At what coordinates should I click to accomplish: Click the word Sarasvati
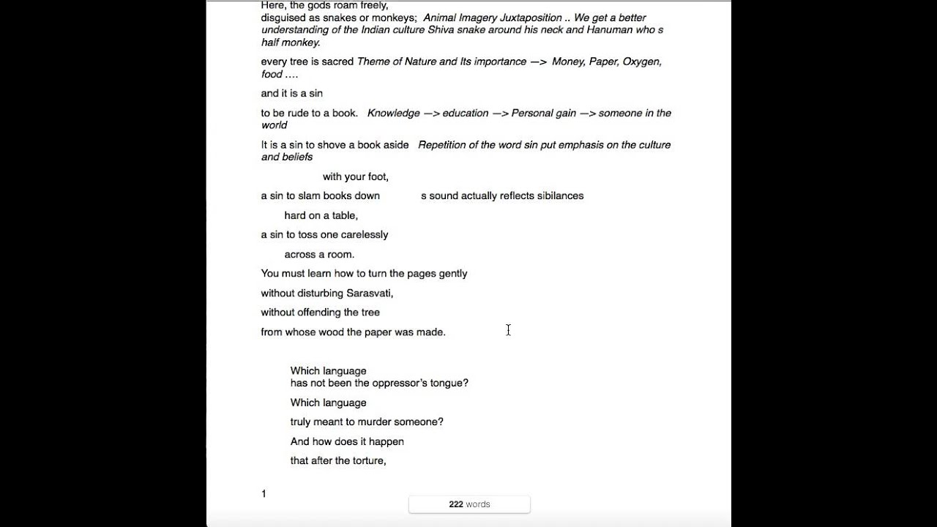click(x=369, y=293)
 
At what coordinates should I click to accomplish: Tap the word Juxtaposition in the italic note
click(x=531, y=18)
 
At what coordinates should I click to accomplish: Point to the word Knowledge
click(x=394, y=113)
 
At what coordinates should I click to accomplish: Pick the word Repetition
click(x=447, y=145)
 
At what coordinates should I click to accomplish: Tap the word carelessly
click(x=363, y=235)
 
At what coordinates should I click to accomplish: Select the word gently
click(x=452, y=274)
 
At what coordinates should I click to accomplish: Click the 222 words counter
click(x=469, y=504)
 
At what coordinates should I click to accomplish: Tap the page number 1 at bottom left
click(x=264, y=494)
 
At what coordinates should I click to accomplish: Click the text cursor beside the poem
click(x=508, y=330)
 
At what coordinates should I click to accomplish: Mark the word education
click(x=465, y=113)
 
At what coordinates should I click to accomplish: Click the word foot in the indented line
click(x=376, y=176)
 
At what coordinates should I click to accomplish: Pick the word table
click(x=343, y=215)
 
